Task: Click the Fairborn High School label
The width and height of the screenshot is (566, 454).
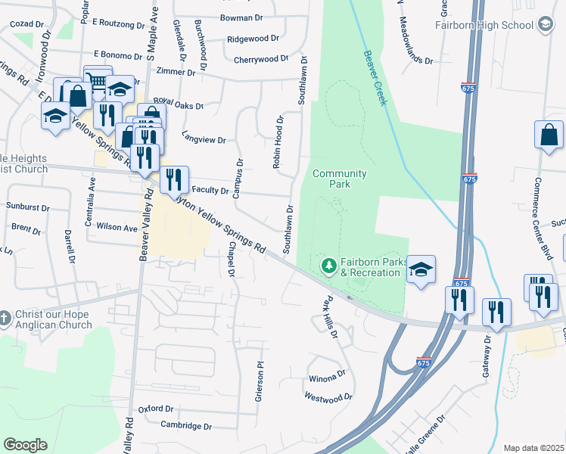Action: pyautogui.click(x=485, y=25)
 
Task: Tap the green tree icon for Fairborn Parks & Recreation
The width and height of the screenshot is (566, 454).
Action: pyautogui.click(x=328, y=265)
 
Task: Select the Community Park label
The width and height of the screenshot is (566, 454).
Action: pyautogui.click(x=340, y=179)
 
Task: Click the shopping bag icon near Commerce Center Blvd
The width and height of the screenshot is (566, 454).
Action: pyautogui.click(x=549, y=135)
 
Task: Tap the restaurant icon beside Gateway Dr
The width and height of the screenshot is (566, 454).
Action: pyautogui.click(x=496, y=311)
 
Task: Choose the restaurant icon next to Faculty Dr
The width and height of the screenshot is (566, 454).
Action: pyautogui.click(x=175, y=179)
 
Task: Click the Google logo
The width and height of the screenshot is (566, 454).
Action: pyautogui.click(x=25, y=444)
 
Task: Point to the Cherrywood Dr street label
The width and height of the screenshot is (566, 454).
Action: pyautogui.click(x=261, y=59)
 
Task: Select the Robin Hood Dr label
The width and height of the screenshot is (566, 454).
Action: pyautogui.click(x=278, y=141)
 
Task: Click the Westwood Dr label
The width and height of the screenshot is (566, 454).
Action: pyautogui.click(x=328, y=396)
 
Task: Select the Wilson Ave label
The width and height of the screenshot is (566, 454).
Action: pyautogui.click(x=117, y=227)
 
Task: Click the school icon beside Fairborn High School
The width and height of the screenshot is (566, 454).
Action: pyautogui.click(x=544, y=25)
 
